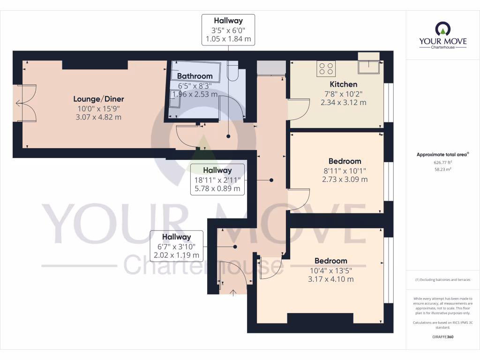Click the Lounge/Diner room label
tap(98, 99)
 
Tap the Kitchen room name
tap(344, 84)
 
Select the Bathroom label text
tap(195, 76)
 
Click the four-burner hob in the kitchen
tap(326, 69)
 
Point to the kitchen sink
tap(368, 67)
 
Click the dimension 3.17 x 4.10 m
tap(331, 279)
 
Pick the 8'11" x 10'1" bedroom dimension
tap(345, 171)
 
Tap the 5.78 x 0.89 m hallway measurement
tap(217, 189)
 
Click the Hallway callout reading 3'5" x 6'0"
tap(228, 30)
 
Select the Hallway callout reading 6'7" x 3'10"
tap(177, 247)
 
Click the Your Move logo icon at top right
tap(443, 30)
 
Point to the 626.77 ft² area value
tap(443, 162)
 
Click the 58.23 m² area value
tap(443, 169)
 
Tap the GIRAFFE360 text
tap(443, 337)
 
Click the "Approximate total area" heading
tap(442, 154)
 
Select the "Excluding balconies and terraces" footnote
tap(443, 280)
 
